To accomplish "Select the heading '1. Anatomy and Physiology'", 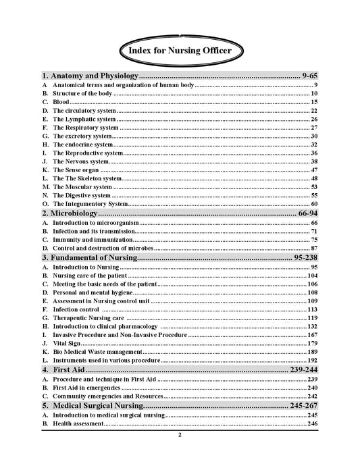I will (x=90, y=76).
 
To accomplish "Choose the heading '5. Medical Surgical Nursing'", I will (x=93, y=406).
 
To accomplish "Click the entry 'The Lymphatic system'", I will (x=84, y=119).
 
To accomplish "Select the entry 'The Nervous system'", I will (x=80, y=161).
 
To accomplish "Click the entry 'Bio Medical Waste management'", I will (x=97, y=352).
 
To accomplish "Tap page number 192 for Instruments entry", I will (x=312, y=361).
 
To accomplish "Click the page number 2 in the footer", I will (x=180, y=435).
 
